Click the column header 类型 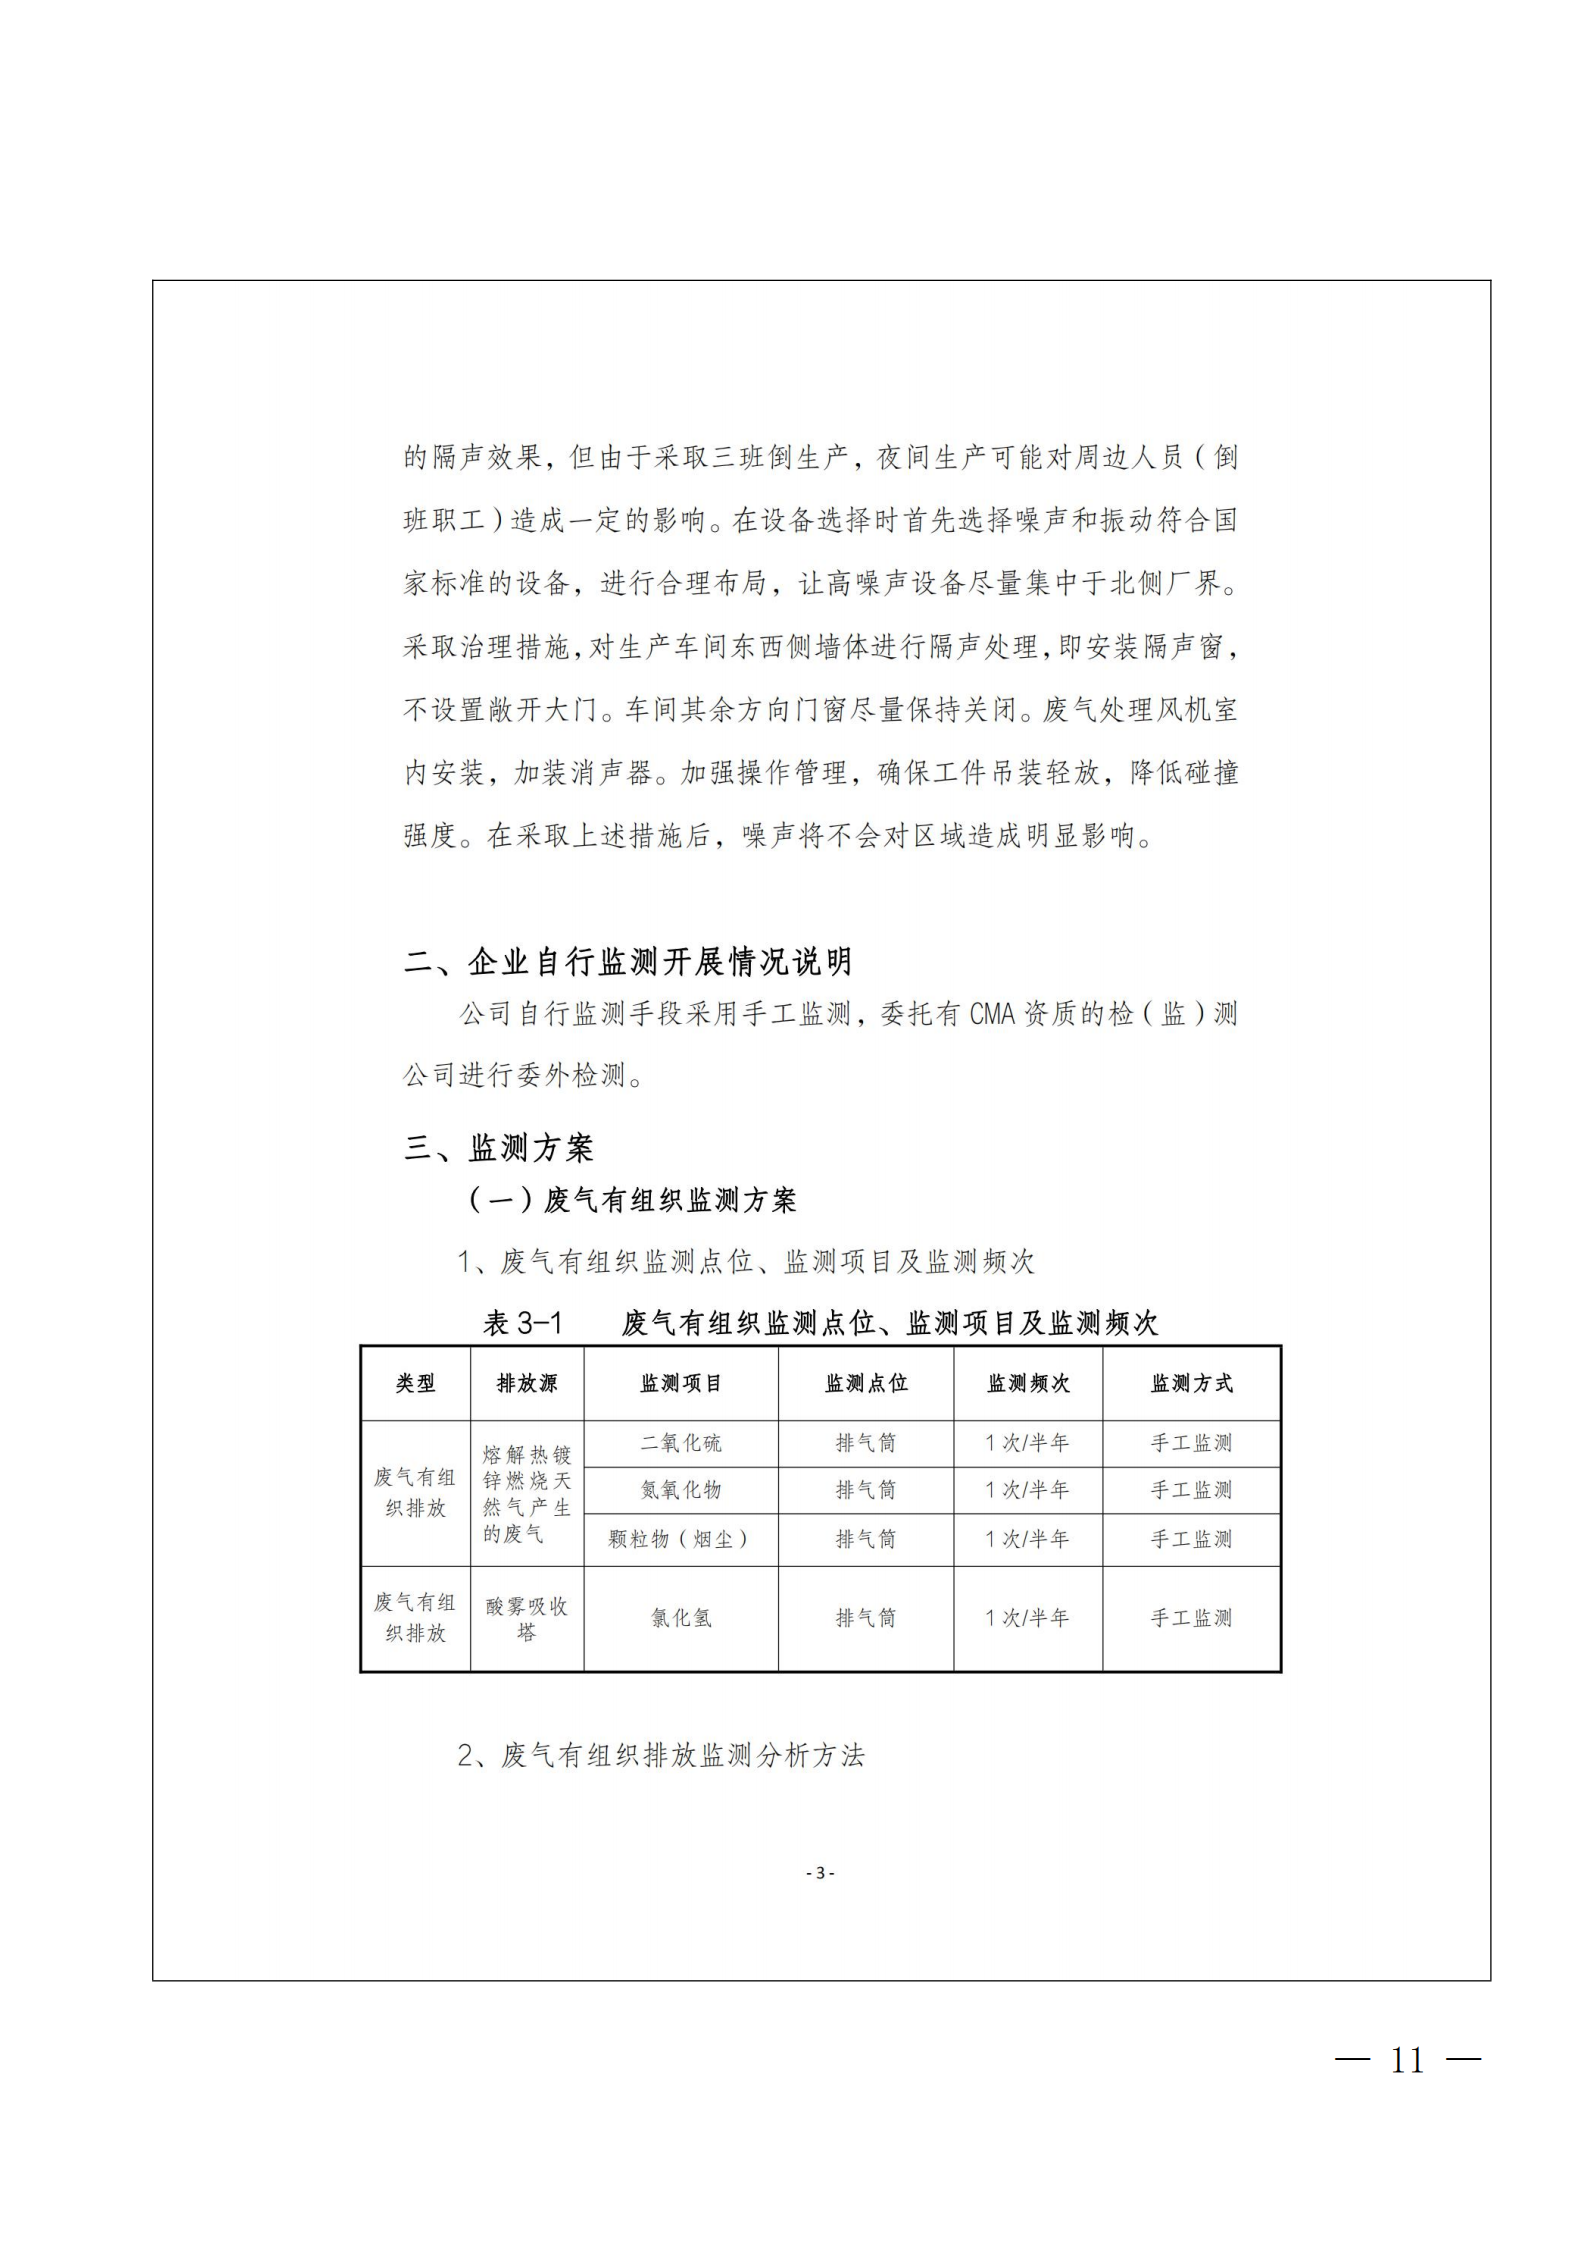tap(415, 1383)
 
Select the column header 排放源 tap(527, 1383)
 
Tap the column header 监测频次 tap(1028, 1383)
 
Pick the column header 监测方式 tap(1191, 1383)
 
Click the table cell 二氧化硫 tap(681, 1443)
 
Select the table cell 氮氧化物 tap(681, 1490)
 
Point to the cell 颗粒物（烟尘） tap(681, 1539)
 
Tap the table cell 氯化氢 tap(681, 1618)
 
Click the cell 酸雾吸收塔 tap(527, 1618)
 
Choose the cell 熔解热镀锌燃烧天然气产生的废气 tap(527, 1493)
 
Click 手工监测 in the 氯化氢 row tap(1191, 1618)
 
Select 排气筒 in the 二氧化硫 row tap(866, 1443)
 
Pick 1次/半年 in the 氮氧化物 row tap(1028, 1490)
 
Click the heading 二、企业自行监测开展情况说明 tap(628, 962)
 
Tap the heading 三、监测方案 tap(499, 1148)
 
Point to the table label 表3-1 tap(523, 1324)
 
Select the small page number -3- tap(820, 1873)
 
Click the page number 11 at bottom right tap(1407, 2060)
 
